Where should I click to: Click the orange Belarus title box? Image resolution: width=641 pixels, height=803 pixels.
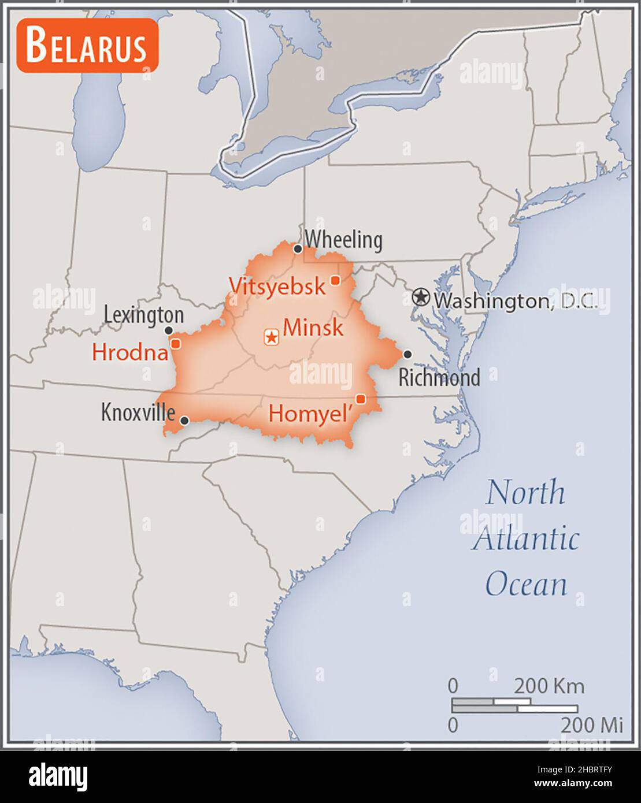[87, 46]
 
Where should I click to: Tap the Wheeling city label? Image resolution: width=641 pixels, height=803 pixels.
[343, 240]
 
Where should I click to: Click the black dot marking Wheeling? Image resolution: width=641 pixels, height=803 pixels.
[298, 249]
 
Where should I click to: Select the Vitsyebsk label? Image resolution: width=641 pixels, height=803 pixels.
[277, 286]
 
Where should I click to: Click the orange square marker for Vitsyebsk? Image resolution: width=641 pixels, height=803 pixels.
[335, 280]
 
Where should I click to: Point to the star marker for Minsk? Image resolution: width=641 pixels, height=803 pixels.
[271, 337]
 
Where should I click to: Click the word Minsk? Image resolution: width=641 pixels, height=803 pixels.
[314, 328]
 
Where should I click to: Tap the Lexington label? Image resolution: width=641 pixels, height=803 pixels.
[144, 315]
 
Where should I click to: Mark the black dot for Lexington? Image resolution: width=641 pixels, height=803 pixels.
[169, 330]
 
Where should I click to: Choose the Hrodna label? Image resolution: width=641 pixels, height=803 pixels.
[129, 351]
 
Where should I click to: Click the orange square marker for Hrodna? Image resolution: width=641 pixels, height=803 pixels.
[176, 344]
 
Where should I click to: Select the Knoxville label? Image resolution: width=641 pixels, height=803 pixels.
[138, 412]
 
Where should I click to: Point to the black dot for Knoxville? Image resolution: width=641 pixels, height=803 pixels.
[184, 421]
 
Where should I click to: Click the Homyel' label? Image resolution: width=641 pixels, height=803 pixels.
[311, 414]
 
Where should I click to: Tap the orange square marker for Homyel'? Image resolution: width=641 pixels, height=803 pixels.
[361, 399]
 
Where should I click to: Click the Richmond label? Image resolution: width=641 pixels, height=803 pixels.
[439, 378]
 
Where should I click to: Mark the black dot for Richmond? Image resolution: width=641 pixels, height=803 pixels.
[407, 354]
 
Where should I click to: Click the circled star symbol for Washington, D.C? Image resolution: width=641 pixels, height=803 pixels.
[421, 298]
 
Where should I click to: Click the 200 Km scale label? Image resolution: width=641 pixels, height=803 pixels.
[549, 686]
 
